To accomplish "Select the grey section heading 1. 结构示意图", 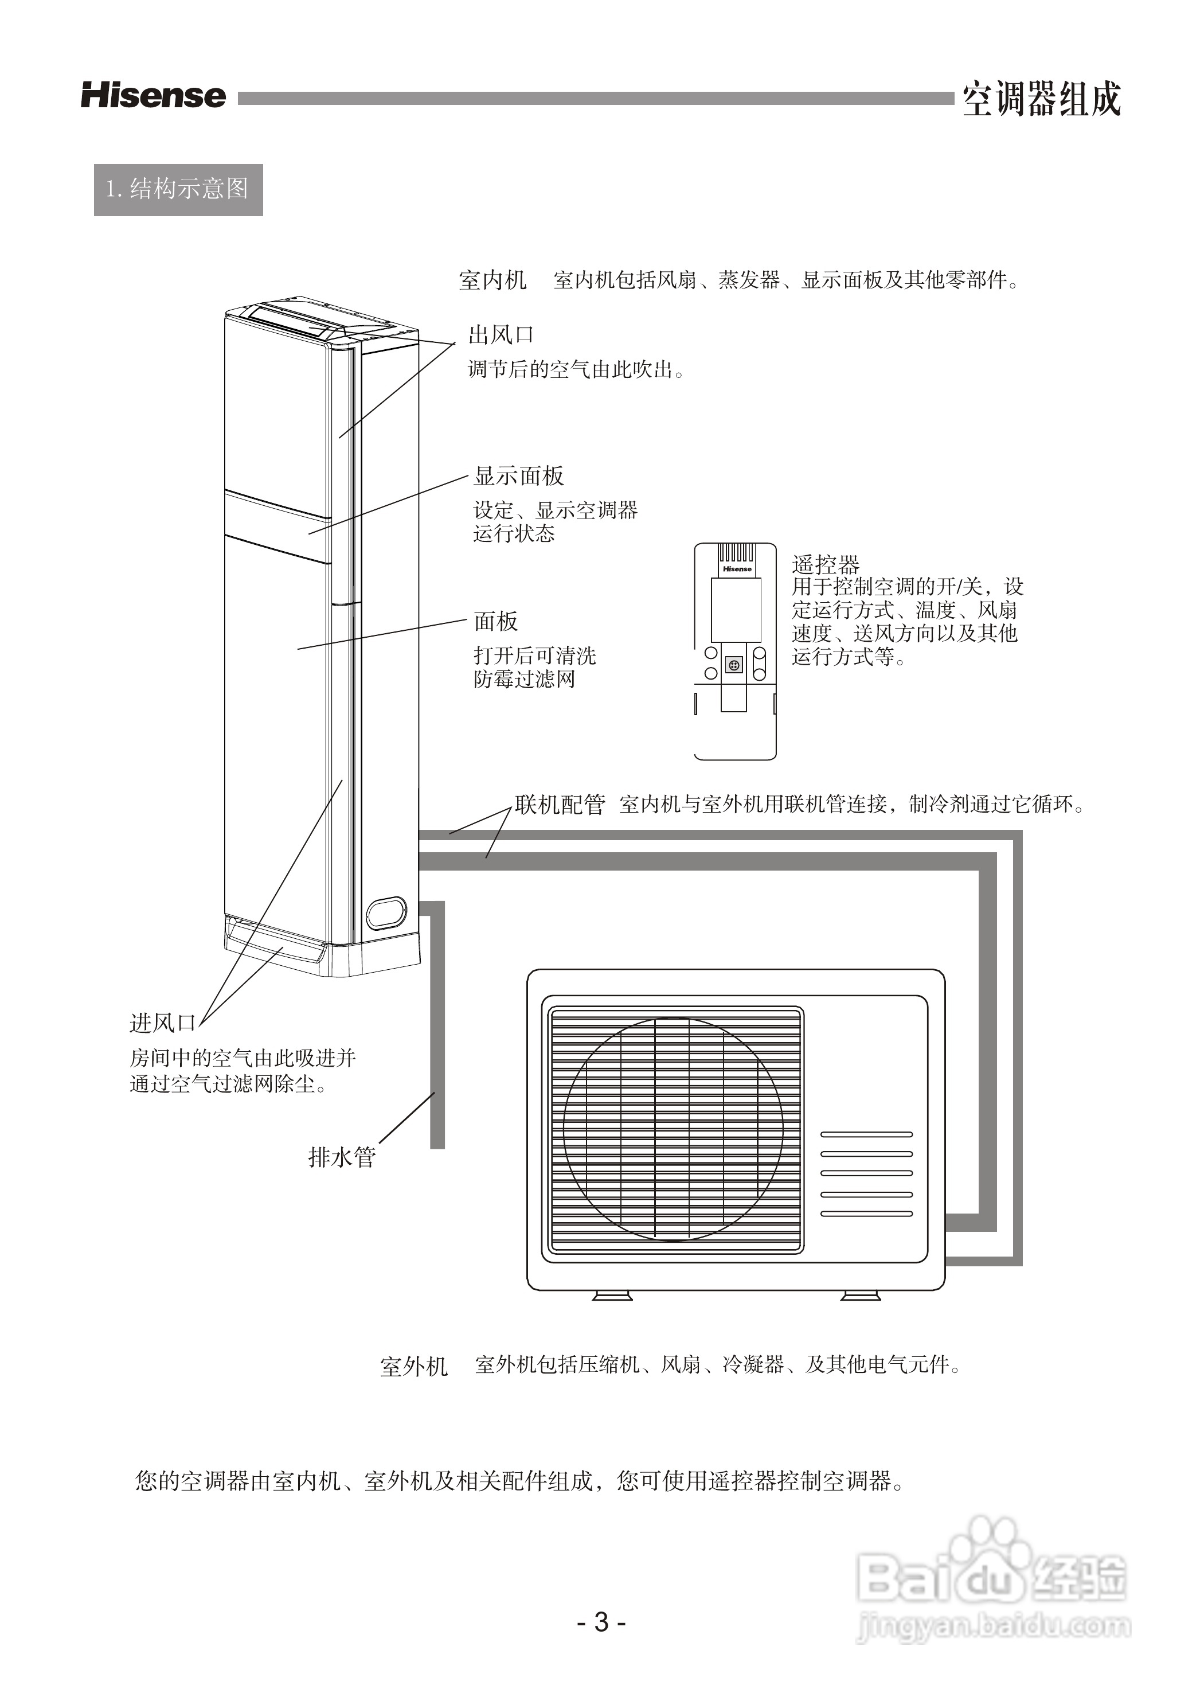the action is point(178,190).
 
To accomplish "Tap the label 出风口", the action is point(501,335).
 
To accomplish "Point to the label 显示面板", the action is point(519,476).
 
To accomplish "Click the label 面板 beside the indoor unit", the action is point(496,622).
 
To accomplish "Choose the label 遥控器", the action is point(825,565).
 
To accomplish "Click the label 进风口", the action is point(162,1023).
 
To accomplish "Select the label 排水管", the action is point(342,1157).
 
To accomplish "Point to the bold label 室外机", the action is point(414,1366).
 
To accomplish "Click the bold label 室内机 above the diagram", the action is point(492,280).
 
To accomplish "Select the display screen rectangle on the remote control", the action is point(736,610).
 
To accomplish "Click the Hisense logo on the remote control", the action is point(736,569).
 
